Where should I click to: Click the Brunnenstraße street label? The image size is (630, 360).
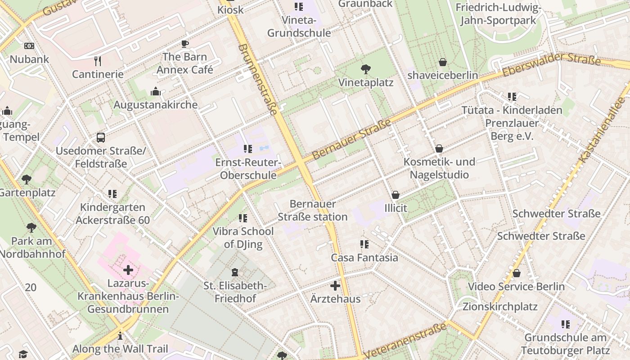coord(256,79)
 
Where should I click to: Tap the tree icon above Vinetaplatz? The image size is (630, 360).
coord(366,69)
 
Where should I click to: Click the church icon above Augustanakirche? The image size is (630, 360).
coord(156,92)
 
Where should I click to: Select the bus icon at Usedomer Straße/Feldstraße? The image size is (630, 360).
coord(101,138)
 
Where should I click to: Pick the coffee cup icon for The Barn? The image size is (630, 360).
coord(184,44)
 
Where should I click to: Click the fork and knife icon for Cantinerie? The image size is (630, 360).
coord(98,61)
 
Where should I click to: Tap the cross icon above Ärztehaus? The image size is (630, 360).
coord(335,286)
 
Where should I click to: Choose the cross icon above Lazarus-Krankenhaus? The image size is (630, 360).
coord(128,270)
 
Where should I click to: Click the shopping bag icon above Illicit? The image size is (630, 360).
coord(396,195)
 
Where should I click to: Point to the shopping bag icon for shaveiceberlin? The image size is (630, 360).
coord(443,62)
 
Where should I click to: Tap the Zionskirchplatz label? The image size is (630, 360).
coord(500,307)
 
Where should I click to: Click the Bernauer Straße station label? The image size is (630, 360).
coord(312,210)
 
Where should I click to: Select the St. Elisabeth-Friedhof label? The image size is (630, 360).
coord(235,292)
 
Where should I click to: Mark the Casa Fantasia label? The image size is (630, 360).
coord(364,258)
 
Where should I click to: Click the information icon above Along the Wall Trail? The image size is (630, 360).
coord(120,336)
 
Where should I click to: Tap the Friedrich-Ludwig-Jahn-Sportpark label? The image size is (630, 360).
coord(498,14)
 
